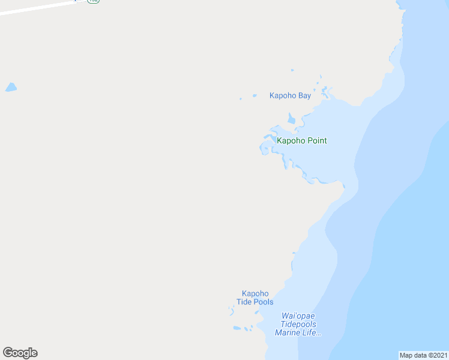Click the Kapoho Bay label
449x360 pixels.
pyautogui.click(x=290, y=96)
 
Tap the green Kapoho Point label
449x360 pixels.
pyautogui.click(x=301, y=141)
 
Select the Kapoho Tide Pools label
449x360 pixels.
pyautogui.click(x=255, y=298)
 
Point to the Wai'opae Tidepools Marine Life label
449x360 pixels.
pyautogui.click(x=298, y=325)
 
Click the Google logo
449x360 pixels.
pyautogui.click(x=20, y=353)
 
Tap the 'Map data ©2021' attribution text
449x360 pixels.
pyautogui.click(x=423, y=355)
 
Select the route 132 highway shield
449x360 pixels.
pyautogui.click(x=92, y=1)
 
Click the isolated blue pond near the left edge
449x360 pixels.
pyautogui.click(x=11, y=88)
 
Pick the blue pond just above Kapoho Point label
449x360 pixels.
pyautogui.click(x=292, y=119)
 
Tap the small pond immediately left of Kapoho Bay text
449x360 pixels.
pyautogui.click(x=255, y=95)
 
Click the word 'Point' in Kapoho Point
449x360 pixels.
pyautogui.click(x=316, y=141)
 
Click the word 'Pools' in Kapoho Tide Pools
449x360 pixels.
pyautogui.click(x=263, y=302)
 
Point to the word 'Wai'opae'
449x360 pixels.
pyautogui.click(x=298, y=316)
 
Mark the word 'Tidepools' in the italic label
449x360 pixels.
pyautogui.click(x=298, y=325)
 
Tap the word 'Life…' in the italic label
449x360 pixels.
pyautogui.click(x=313, y=333)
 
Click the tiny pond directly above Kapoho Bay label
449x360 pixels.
pyautogui.click(x=292, y=71)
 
